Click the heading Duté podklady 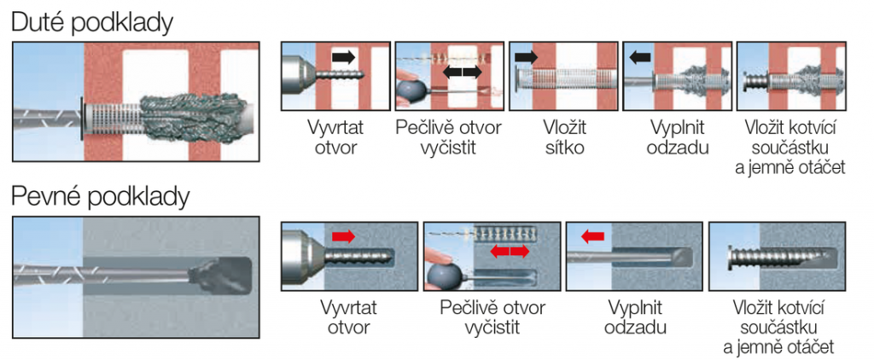pos(92,21)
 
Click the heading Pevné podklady pos(100,197)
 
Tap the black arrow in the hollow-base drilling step pos(343,57)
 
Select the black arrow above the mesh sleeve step pos(527,57)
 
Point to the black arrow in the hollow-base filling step pos(639,57)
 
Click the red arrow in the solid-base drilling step pos(342,235)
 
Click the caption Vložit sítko pos(564,138)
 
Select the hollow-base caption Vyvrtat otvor pos(337,138)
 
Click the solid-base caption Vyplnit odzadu pos(635,317)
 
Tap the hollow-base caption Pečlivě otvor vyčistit pos(449,138)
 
